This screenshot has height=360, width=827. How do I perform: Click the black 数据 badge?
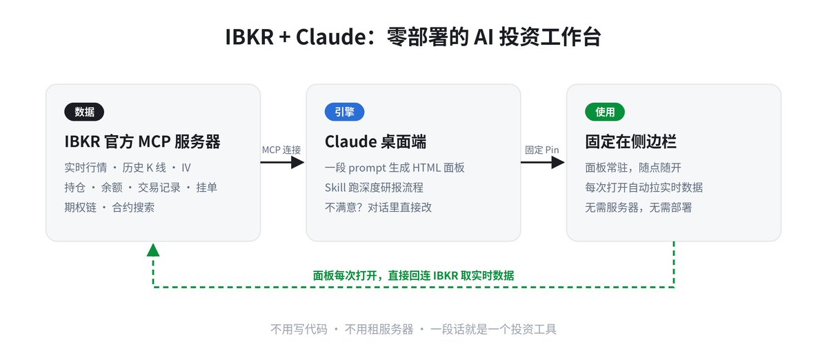84,112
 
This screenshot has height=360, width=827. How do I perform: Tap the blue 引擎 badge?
344,112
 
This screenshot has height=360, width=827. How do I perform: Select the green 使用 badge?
605,112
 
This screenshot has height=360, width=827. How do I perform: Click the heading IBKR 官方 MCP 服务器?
142,142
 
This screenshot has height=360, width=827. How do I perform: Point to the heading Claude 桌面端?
375,142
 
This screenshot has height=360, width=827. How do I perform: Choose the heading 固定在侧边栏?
631,142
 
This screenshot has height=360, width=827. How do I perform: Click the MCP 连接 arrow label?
281,150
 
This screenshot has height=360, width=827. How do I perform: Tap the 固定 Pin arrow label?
541,150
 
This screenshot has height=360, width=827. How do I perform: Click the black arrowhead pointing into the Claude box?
297,162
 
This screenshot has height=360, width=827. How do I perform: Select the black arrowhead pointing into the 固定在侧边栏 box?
558,162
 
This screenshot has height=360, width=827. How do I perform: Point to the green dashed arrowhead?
153,250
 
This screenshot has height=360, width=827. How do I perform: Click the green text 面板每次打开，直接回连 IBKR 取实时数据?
414,275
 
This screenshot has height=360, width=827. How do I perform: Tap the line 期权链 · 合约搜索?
110,207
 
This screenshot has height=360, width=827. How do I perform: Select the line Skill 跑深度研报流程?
374,188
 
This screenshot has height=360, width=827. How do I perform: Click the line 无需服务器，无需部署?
638,207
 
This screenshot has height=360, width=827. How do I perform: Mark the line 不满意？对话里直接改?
378,207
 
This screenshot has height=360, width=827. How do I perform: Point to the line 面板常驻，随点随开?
633,168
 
